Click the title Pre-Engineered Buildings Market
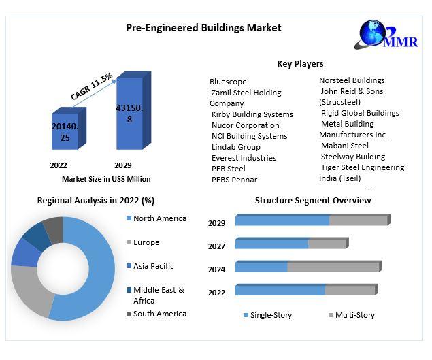203,28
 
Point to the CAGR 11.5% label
92,86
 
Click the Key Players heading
300,64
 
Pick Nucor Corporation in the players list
245,125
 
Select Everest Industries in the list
244,158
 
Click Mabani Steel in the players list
344,146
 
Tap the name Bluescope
228,82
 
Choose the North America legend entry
159,218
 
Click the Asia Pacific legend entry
153,266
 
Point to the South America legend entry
159,314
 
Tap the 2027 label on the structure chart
216,246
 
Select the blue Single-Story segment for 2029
282,220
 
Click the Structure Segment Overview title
313,200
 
